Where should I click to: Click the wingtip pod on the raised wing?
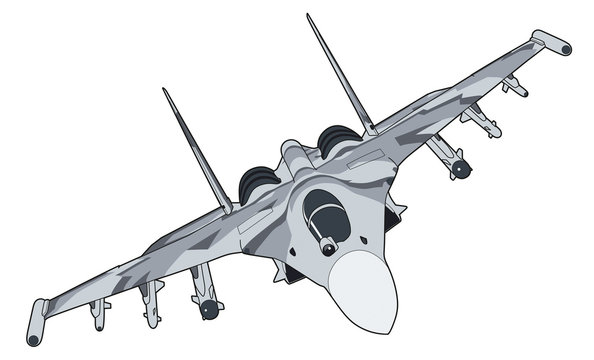(551, 42)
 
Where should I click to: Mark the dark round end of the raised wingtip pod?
(566, 47)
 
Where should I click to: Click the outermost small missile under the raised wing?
(514, 87)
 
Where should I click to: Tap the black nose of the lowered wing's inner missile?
(209, 311)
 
